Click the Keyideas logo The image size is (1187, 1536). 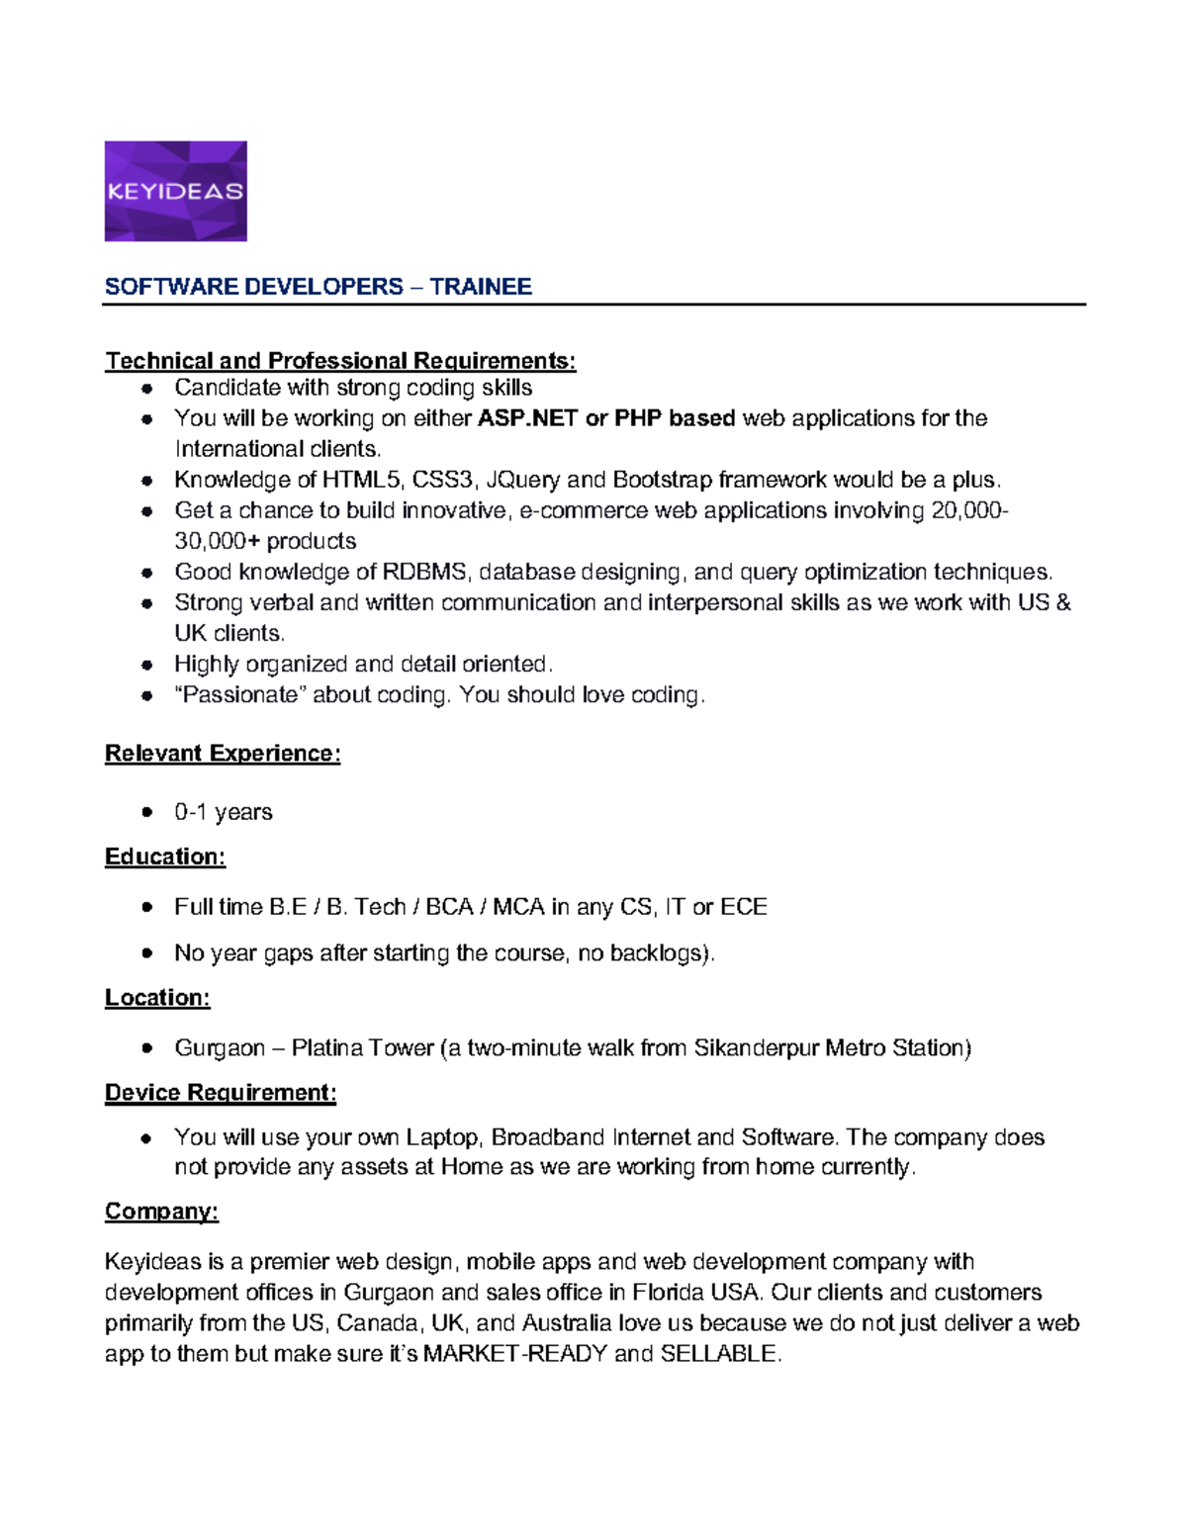pyautogui.click(x=175, y=191)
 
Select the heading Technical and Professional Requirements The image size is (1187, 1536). pyautogui.click(x=340, y=361)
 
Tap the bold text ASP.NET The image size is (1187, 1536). pyautogui.click(x=527, y=418)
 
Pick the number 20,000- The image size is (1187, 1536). pyautogui.click(x=969, y=511)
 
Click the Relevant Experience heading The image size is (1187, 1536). pyautogui.click(x=223, y=754)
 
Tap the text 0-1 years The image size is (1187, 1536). pyautogui.click(x=223, y=812)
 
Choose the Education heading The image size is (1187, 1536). pyautogui.click(x=165, y=857)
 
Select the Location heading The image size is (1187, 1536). pyautogui.click(x=157, y=998)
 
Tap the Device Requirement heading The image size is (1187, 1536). pyautogui.click(x=221, y=1093)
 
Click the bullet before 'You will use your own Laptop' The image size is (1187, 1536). pyautogui.click(x=146, y=1138)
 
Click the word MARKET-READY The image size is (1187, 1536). pyautogui.click(x=514, y=1354)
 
